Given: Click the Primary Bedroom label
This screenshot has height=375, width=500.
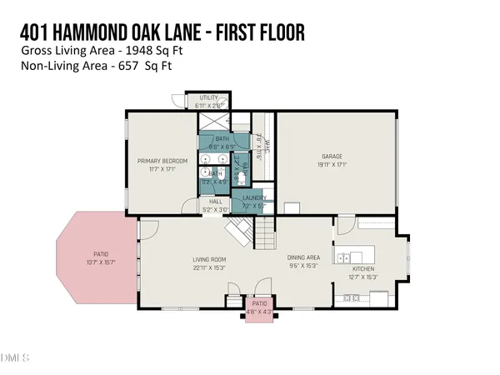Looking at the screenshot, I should click(x=162, y=160).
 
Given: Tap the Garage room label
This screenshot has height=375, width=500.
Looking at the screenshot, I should click(x=332, y=156).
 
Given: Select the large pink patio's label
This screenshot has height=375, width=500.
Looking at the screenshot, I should click(x=101, y=254).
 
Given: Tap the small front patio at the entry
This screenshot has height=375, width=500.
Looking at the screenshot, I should click(x=260, y=308).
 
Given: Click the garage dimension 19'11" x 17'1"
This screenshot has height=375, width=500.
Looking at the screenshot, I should click(x=332, y=164).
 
